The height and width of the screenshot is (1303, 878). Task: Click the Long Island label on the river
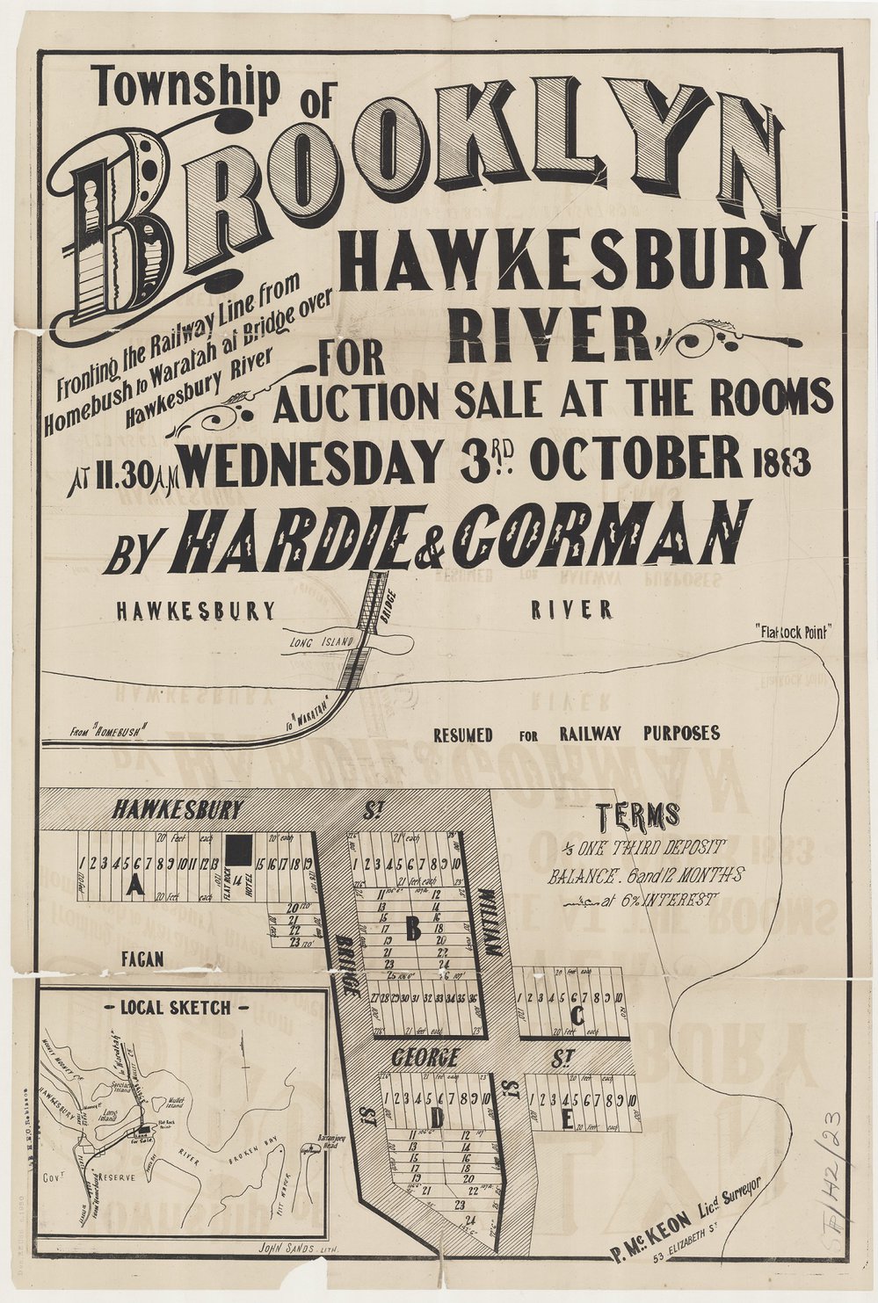click(322, 645)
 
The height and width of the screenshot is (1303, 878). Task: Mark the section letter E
click(567, 1120)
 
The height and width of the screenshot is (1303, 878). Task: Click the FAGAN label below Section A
click(142, 960)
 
